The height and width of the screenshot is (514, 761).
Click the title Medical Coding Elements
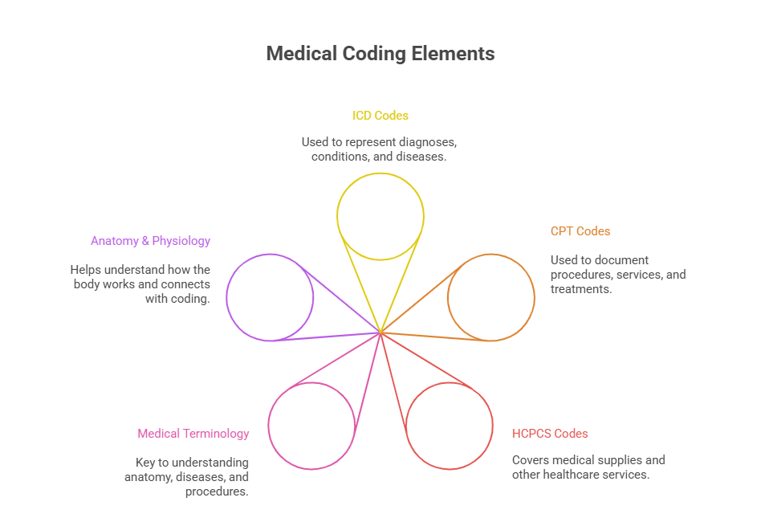click(380, 54)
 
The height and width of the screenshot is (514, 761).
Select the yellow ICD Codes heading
click(380, 116)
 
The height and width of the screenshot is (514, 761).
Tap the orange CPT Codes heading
click(580, 231)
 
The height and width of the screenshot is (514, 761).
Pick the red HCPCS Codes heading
click(550, 434)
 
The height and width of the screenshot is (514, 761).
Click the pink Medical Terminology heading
click(193, 434)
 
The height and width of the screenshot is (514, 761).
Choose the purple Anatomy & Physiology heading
click(150, 241)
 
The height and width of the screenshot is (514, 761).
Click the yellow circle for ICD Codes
click(380, 216)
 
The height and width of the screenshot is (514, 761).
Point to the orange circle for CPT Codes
click(490, 297)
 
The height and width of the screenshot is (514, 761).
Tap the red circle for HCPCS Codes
click(449, 426)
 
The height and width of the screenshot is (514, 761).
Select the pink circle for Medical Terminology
click(311, 426)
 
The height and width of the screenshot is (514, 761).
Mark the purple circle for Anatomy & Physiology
click(270, 297)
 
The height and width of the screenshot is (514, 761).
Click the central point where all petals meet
click(380, 332)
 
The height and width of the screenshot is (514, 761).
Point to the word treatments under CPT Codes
click(581, 289)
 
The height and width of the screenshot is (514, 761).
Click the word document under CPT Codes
click(623, 260)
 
